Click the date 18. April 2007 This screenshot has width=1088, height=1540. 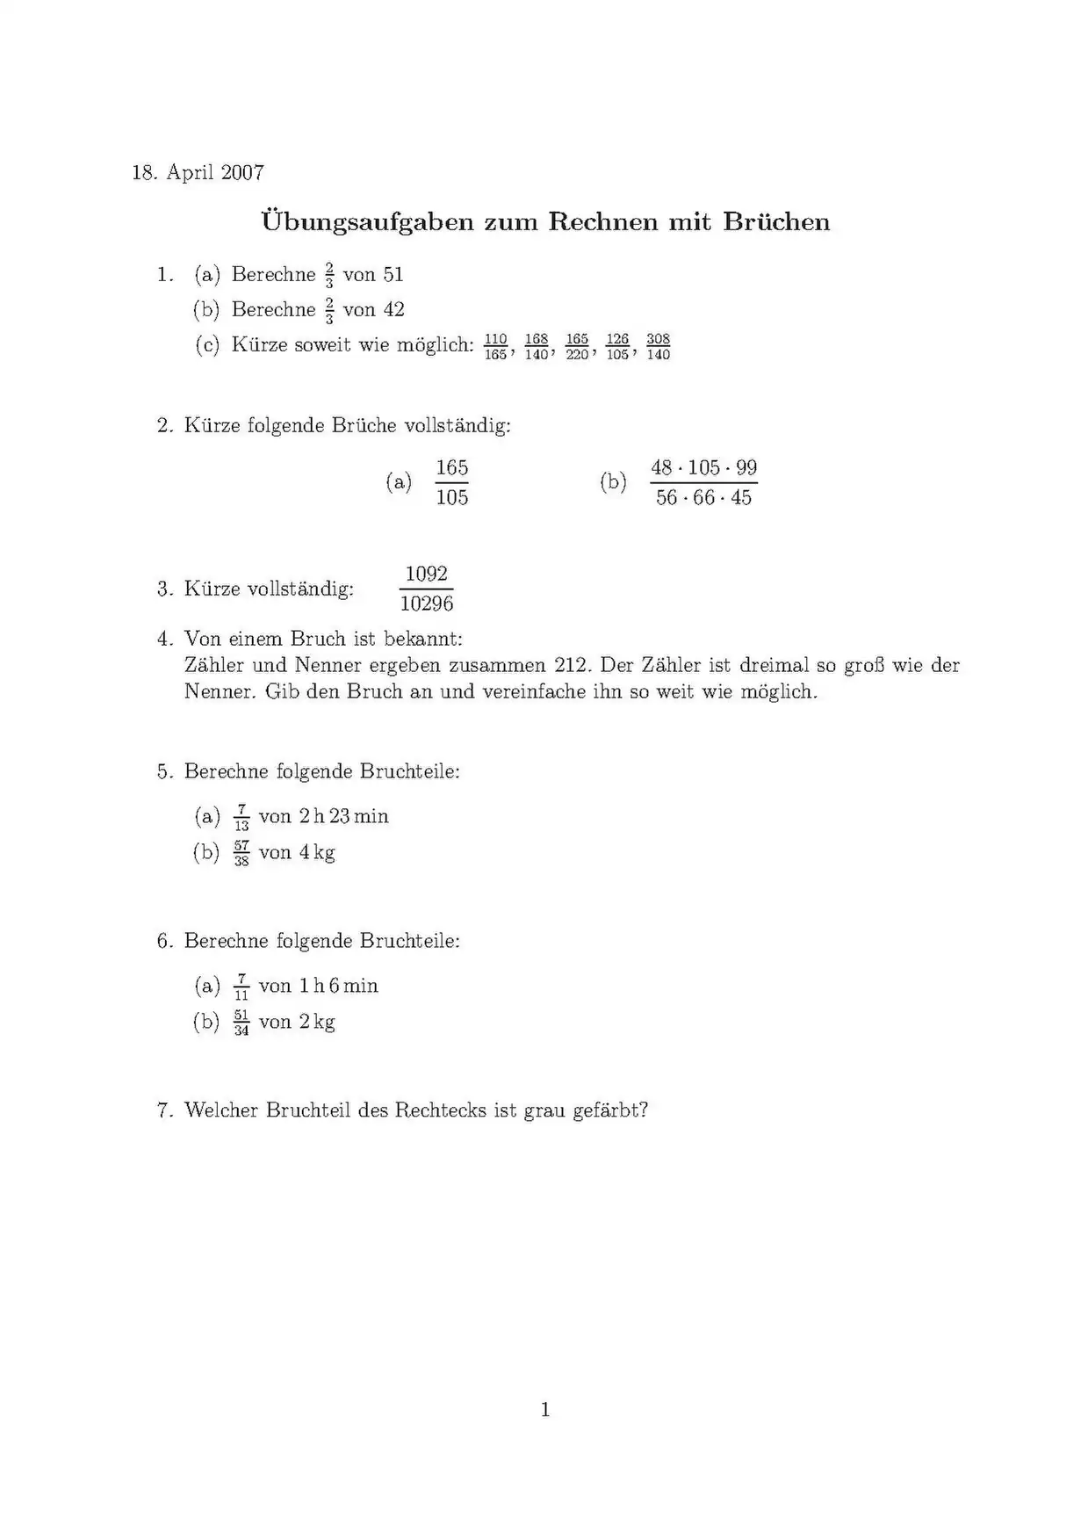[x=198, y=172]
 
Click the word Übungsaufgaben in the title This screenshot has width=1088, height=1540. [x=366, y=221]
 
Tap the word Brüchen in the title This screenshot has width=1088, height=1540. [x=776, y=221]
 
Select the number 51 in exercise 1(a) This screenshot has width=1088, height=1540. [x=393, y=275]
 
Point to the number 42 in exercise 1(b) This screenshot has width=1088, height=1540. [x=393, y=310]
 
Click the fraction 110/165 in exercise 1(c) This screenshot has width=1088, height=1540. [x=495, y=346]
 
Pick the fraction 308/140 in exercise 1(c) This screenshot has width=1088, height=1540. [x=658, y=346]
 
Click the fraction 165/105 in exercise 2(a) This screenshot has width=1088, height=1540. [x=451, y=482]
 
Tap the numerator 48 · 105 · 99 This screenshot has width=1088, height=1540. [x=703, y=467]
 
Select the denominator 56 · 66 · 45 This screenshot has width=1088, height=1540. [x=703, y=498]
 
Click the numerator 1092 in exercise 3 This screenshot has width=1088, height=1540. [x=427, y=574]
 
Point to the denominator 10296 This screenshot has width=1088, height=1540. [x=427, y=604]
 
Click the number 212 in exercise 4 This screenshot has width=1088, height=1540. [x=572, y=665]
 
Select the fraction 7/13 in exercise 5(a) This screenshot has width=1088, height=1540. [x=241, y=817]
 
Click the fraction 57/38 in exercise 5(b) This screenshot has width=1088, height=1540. [x=241, y=853]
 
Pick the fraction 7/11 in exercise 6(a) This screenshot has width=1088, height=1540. [x=241, y=987]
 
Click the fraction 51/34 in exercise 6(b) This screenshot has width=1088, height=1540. [x=241, y=1023]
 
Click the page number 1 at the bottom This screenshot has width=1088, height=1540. [x=545, y=1411]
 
